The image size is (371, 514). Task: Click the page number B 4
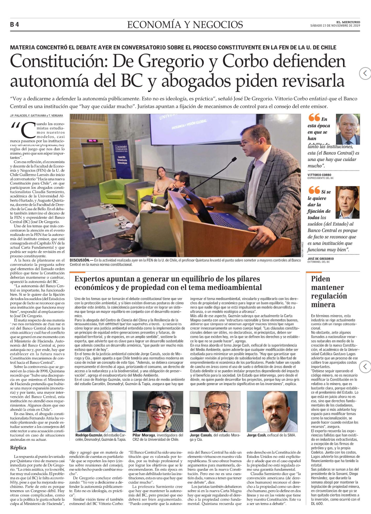[x=15, y=25]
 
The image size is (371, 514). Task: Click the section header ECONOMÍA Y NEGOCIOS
[x=185, y=25]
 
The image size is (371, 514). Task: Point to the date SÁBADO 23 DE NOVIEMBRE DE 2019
[x=335, y=26]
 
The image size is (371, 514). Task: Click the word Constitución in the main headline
[x=59, y=61]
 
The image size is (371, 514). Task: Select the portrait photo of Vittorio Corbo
[x=348, y=129]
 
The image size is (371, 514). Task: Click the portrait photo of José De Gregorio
[x=347, y=202]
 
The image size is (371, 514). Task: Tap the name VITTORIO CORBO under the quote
[x=319, y=175]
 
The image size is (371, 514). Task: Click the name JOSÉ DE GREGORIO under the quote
[x=321, y=259]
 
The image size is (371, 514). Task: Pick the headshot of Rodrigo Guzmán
[x=101, y=411]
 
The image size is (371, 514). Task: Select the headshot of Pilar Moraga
[x=158, y=411]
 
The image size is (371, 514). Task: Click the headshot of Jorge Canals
[x=215, y=411]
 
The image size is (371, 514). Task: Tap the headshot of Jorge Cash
[x=272, y=411]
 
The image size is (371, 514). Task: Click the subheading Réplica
[x=18, y=448]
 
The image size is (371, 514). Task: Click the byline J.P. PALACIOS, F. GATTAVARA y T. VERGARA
[x=36, y=116]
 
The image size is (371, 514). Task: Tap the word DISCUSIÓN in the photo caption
[x=80, y=260]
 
